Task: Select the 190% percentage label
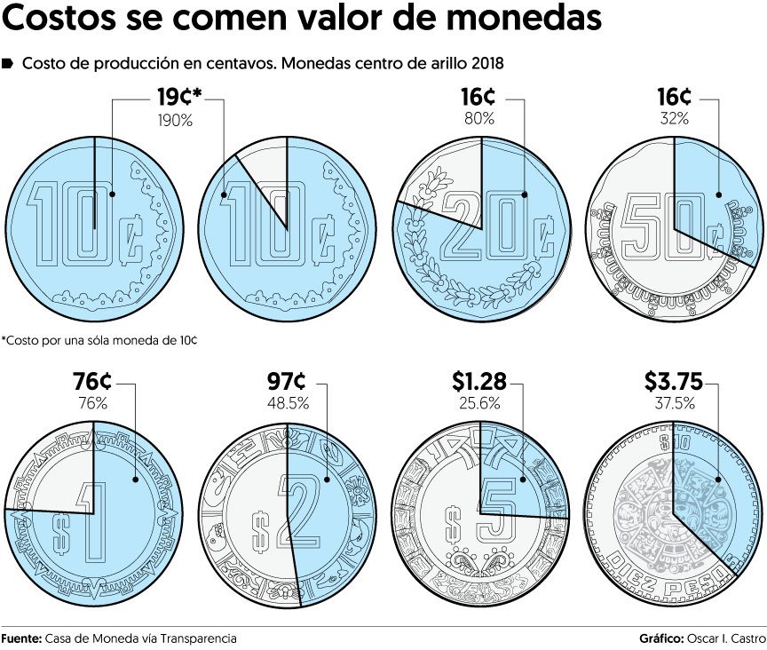click(175, 120)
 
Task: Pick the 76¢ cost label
click(91, 383)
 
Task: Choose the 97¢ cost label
click(287, 383)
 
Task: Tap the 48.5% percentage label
click(288, 403)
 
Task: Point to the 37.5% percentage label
click(674, 403)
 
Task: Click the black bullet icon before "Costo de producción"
click(8, 64)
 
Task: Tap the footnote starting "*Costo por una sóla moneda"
click(99, 340)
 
